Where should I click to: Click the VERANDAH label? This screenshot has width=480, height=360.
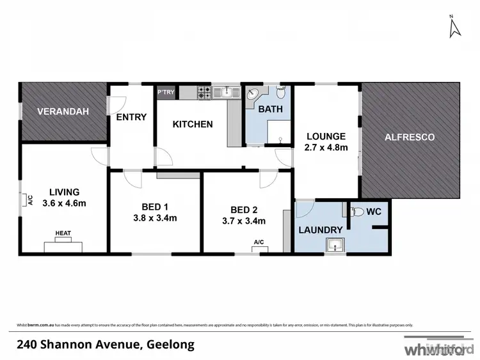click(63, 111)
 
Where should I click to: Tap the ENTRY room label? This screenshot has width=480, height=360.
click(132, 117)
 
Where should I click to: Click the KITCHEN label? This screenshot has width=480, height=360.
click(193, 124)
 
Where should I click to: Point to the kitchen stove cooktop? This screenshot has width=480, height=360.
click(204, 93)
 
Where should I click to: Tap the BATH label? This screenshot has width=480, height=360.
click(270, 109)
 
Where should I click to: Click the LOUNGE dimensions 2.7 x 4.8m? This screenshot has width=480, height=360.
click(326, 148)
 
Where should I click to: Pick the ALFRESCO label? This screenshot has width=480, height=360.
click(410, 137)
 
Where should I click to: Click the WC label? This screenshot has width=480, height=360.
click(374, 211)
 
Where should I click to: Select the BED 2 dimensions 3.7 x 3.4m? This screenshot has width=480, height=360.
click(239, 221)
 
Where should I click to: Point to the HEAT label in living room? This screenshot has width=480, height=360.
click(63, 233)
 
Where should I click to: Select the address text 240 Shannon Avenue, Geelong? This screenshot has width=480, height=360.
click(106, 345)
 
